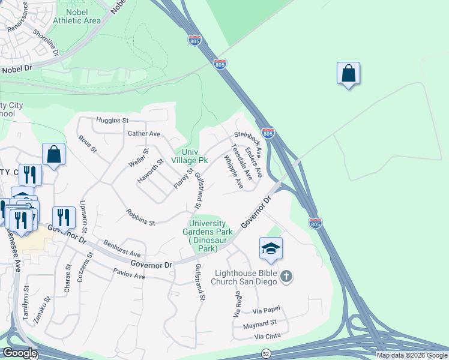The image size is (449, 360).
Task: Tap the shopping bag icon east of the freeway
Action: click(348, 74)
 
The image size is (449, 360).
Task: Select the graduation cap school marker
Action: click(271, 249)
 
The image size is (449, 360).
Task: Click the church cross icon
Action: click(286, 277)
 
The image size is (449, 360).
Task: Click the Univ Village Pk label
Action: click(189, 156)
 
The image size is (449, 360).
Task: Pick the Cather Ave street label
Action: click(144, 133)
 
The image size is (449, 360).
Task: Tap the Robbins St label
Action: click(140, 217)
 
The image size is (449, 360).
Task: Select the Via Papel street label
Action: click(266, 311)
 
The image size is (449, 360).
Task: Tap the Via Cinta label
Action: click(267, 338)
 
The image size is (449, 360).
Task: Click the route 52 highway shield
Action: click(265, 353)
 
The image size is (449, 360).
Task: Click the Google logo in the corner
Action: click(20, 353)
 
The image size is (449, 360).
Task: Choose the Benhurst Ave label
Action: click(121, 250)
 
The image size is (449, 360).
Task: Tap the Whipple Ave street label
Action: click(233, 172)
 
